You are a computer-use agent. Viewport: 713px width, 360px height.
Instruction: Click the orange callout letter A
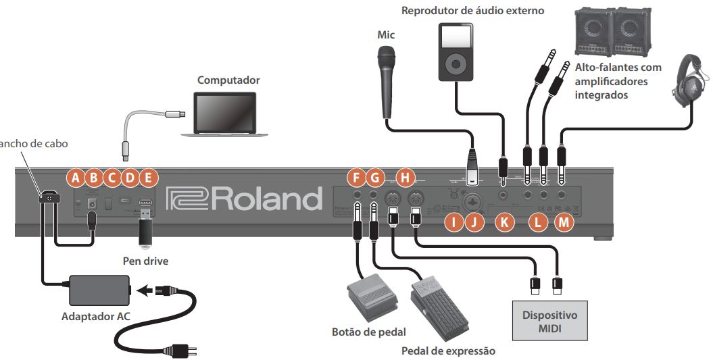coord(76,178)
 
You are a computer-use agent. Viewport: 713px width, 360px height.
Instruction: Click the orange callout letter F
coord(355,178)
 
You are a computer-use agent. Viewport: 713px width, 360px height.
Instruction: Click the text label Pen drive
coord(145,261)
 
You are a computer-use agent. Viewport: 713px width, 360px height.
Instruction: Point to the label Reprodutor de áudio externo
coord(472,10)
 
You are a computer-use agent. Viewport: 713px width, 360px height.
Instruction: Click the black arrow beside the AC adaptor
coord(144,291)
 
